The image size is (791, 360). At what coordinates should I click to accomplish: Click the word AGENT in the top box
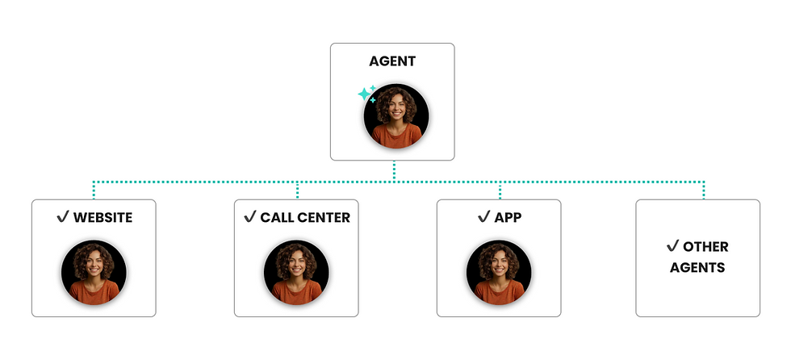392,61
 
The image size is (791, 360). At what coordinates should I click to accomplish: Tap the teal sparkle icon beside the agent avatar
366,94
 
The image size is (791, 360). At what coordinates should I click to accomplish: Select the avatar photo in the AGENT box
396,116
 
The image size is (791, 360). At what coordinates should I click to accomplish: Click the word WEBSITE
103,218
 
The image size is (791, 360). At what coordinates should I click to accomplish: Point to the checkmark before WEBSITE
63,217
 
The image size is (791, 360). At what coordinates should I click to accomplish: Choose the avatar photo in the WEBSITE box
94,272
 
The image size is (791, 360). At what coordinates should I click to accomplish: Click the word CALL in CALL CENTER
275,218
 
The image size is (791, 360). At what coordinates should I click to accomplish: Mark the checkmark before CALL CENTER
249,217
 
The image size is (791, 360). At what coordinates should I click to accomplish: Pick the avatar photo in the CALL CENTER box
297,272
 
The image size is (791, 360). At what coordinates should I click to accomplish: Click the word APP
508,218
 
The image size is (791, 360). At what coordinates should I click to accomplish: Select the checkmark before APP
483,217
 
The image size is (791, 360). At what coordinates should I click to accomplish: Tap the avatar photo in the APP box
499,272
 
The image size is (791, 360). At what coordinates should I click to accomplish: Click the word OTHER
705,247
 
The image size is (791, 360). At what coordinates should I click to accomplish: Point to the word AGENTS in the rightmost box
697,268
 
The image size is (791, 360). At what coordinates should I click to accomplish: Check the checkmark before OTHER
672,246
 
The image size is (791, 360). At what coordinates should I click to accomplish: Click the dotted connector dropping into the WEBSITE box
94,190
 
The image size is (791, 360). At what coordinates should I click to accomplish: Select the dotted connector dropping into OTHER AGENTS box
704,190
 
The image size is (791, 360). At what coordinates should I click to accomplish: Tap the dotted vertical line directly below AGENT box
394,171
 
